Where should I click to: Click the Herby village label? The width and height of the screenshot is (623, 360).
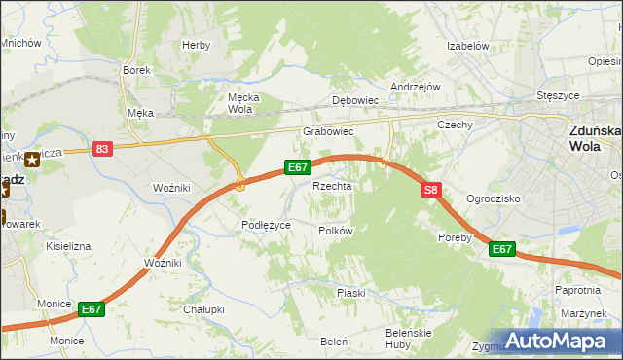coord(196,45)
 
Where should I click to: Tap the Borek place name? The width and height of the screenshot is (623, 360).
coord(134,70)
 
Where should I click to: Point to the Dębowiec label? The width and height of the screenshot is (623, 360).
coord(354,100)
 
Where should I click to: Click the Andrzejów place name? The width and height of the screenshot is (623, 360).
coord(416,86)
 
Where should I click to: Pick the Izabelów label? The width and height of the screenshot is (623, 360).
coord(466,46)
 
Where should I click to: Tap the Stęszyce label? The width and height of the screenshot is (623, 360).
coord(559,96)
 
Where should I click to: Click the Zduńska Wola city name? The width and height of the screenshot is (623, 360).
coord(595,139)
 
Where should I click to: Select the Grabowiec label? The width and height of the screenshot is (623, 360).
coord(327,130)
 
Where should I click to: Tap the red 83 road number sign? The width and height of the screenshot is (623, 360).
coord(102,148)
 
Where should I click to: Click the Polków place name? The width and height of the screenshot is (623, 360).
coord(335,231)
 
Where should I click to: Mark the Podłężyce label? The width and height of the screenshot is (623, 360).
coord(266,225)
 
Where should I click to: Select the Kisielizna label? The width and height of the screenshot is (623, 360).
coord(68,247)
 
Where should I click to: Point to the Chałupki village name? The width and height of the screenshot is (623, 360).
coord(203,309)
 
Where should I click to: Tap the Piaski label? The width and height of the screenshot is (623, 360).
coord(350,293)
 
